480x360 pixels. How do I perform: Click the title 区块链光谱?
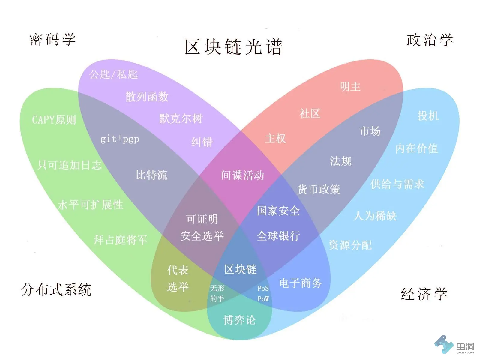tap(233, 47)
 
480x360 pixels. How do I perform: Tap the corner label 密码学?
tap(52, 40)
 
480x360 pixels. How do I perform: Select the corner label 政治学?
tap(430, 40)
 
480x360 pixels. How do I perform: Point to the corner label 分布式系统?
tap(56, 290)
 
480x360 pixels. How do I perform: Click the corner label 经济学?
tap(424, 294)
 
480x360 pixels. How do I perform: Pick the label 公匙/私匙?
tap(114, 74)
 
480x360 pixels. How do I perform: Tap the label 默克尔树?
tap(181, 118)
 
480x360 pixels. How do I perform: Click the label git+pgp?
tap(120, 139)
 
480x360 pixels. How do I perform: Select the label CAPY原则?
tap(54, 120)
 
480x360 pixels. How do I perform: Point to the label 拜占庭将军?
tap(120, 240)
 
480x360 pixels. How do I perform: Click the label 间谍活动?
tap(242, 175)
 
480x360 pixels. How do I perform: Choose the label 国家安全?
tap(278, 211)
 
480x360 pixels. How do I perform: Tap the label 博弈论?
tap(239, 320)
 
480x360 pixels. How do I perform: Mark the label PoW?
tap(263, 299)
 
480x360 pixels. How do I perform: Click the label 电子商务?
tap(301, 283)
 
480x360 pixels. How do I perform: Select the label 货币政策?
tap(319, 189)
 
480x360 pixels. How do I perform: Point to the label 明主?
tap(350, 87)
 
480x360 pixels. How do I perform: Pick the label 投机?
tap(428, 115)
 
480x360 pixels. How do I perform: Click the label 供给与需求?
tap(397, 184)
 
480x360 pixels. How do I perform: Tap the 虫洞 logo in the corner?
tap(455, 345)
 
